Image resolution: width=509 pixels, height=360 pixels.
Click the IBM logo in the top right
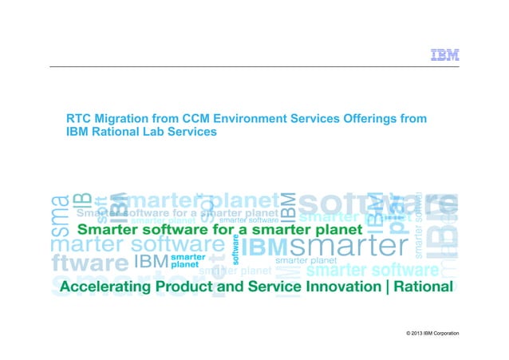pyautogui.click(x=444, y=55)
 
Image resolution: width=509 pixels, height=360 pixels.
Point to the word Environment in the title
pyautogui.click(x=254, y=119)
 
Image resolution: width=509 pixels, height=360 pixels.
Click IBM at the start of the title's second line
pyautogui.click(x=76, y=133)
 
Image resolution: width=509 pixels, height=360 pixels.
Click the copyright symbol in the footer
pyautogui.click(x=408, y=332)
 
